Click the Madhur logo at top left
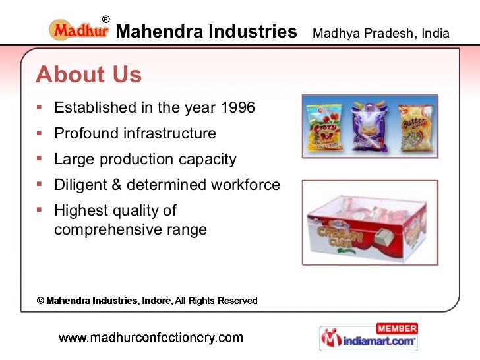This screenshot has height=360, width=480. pyautogui.click(x=78, y=30)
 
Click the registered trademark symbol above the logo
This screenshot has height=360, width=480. pyautogui.click(x=105, y=18)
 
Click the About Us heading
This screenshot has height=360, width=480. pyautogui.click(x=88, y=75)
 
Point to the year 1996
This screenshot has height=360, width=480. pyautogui.click(x=238, y=107)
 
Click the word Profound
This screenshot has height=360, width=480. pyautogui.click(x=86, y=133)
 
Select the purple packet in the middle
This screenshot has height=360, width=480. pyautogui.click(x=369, y=124)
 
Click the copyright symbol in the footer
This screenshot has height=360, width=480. pyautogui.click(x=40, y=301)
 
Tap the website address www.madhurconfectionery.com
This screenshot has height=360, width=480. pyautogui.click(x=151, y=338)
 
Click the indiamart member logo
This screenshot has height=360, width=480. pyautogui.click(x=369, y=338)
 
